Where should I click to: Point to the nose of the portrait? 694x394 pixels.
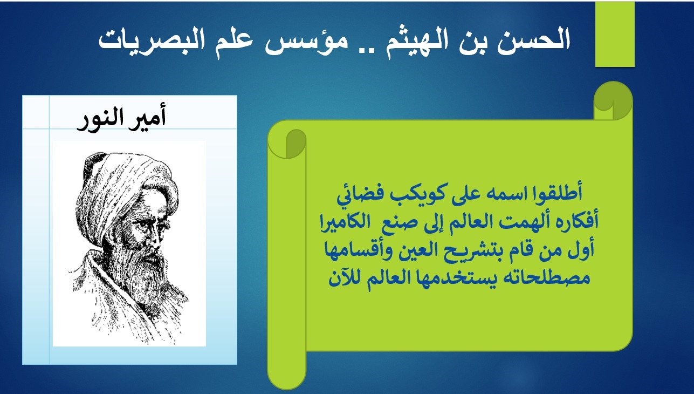coord(154,238)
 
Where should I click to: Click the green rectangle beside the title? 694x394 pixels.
coord(615,34)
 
